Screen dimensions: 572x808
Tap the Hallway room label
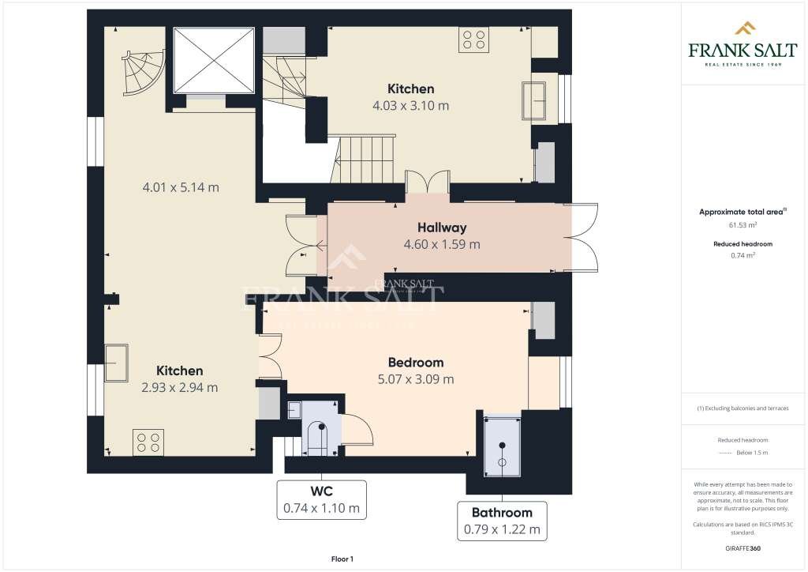(441, 228)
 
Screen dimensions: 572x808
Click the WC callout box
(321, 500)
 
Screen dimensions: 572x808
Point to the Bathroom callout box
(502, 521)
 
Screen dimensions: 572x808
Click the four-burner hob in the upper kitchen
(473, 40)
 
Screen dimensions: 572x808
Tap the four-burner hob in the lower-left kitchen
(148, 441)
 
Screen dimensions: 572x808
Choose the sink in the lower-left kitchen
(118, 362)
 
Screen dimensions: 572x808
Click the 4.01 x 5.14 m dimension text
(180, 188)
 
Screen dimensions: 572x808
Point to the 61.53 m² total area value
(735, 226)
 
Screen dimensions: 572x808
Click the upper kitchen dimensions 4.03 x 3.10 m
(410, 105)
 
